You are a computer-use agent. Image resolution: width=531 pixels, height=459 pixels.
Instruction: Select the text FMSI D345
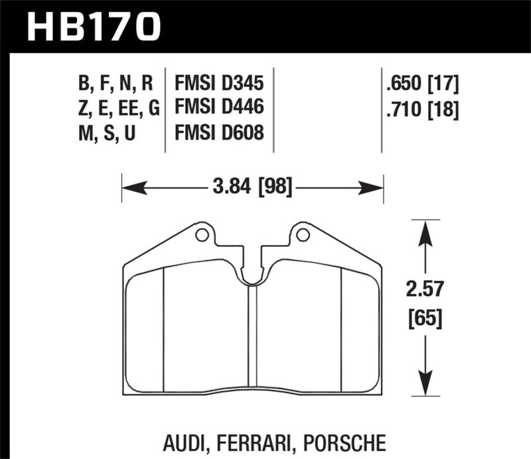(x=219, y=84)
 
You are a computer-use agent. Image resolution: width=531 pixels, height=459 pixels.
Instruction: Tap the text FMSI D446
(x=219, y=108)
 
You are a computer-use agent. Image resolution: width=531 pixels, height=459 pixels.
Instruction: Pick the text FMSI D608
(x=219, y=133)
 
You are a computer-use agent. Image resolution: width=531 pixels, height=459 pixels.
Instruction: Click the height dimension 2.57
(x=425, y=290)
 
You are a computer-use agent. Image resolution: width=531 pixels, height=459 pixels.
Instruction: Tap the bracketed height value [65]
(x=425, y=319)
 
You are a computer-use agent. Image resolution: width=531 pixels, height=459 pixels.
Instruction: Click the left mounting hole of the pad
(x=202, y=234)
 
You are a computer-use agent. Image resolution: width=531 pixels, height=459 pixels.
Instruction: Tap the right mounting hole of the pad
(x=303, y=234)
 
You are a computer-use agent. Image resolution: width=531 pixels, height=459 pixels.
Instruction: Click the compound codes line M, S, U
(x=107, y=133)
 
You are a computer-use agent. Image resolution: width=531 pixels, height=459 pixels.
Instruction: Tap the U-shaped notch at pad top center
(x=252, y=276)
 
